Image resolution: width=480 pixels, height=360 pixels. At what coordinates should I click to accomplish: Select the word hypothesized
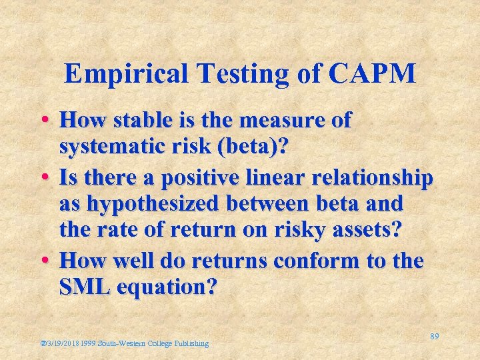[x=158, y=203]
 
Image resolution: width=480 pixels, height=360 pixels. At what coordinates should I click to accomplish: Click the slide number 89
[x=434, y=337]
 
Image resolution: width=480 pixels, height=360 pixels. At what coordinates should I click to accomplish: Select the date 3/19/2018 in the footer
[x=62, y=343]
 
